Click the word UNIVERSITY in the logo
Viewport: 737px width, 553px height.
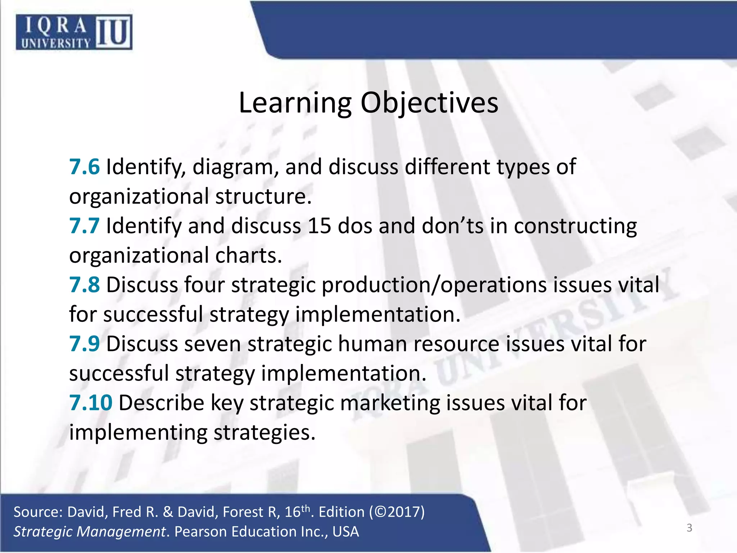click(x=56, y=44)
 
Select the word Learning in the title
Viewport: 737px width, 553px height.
click(x=295, y=103)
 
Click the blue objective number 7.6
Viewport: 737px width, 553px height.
click(x=84, y=167)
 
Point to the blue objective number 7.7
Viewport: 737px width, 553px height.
click(x=84, y=226)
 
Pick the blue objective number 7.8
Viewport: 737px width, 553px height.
click(x=84, y=285)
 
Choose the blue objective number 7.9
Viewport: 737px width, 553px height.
click(x=84, y=343)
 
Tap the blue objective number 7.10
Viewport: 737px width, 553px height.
click(x=91, y=403)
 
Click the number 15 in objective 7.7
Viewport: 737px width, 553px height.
click(x=319, y=226)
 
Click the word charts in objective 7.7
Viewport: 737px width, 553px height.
click(x=248, y=255)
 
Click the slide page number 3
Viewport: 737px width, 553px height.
click(x=689, y=528)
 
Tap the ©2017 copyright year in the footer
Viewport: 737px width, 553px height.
click(x=399, y=512)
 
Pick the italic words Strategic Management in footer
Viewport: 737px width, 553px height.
click(x=90, y=532)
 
